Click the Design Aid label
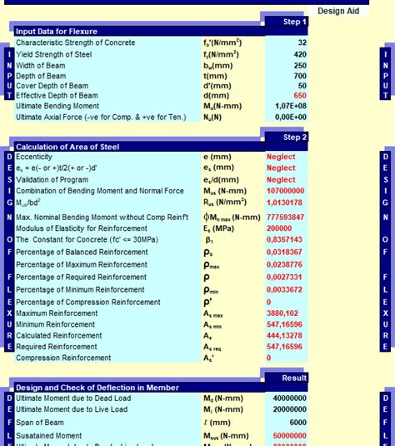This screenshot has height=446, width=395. [337, 11]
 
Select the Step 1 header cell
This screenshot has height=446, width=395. [295, 22]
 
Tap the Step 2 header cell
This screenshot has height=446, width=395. [295, 137]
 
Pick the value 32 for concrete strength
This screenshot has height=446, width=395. [302, 43]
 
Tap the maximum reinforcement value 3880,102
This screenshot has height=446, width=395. [286, 313]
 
